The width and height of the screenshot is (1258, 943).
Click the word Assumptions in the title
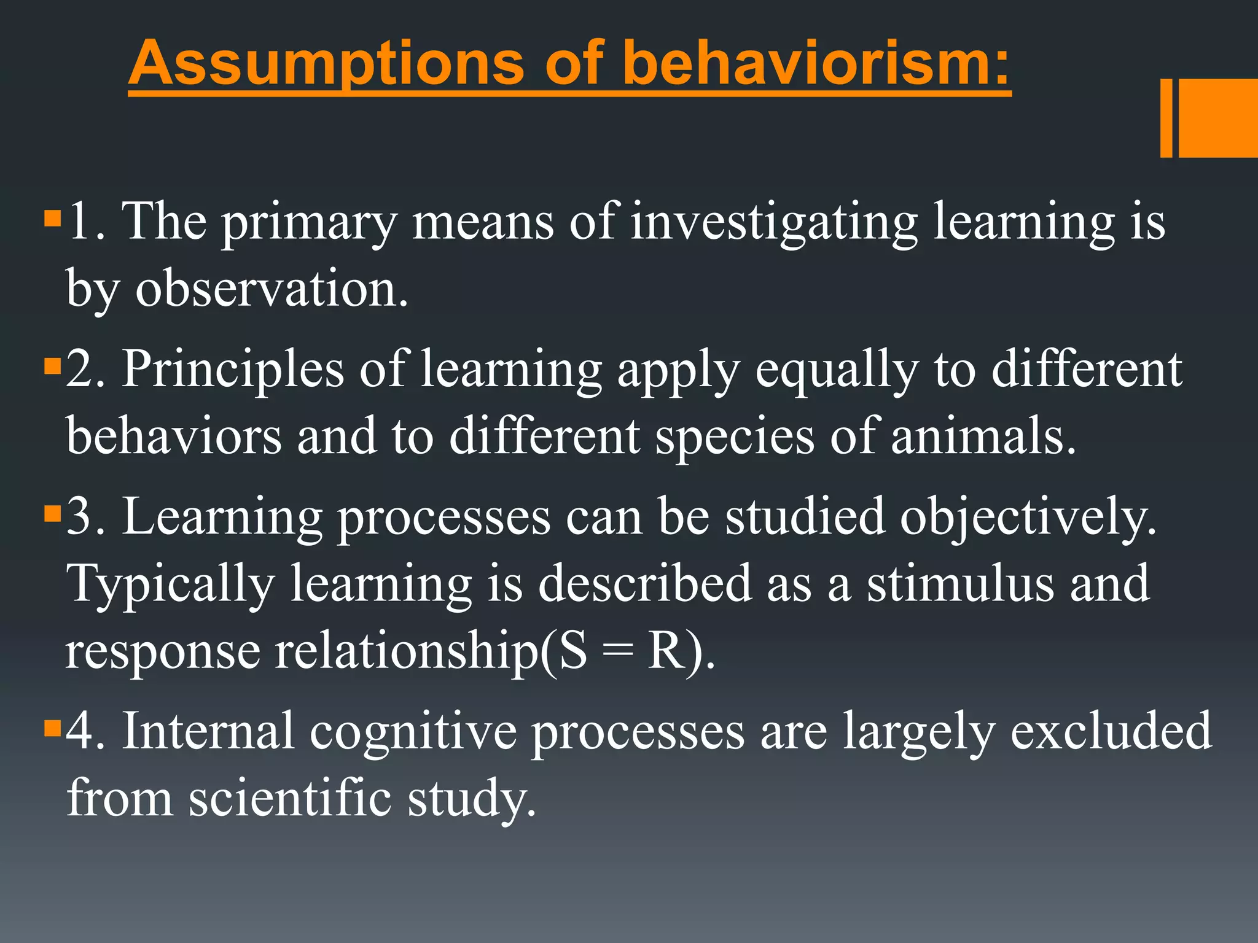click(326, 63)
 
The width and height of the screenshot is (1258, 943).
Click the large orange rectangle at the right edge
click(1218, 118)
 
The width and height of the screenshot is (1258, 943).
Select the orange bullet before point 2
click(53, 367)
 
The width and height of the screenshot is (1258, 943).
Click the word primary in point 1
click(309, 223)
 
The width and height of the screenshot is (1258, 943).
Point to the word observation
click(272, 290)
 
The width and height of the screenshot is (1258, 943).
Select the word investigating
click(774, 223)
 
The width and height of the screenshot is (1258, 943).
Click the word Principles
click(233, 370)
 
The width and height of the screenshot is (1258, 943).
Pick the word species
click(735, 438)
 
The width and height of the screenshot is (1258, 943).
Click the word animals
click(983, 437)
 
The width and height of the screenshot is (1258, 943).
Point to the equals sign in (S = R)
click(617, 652)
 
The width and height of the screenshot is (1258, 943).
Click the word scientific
click(290, 798)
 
